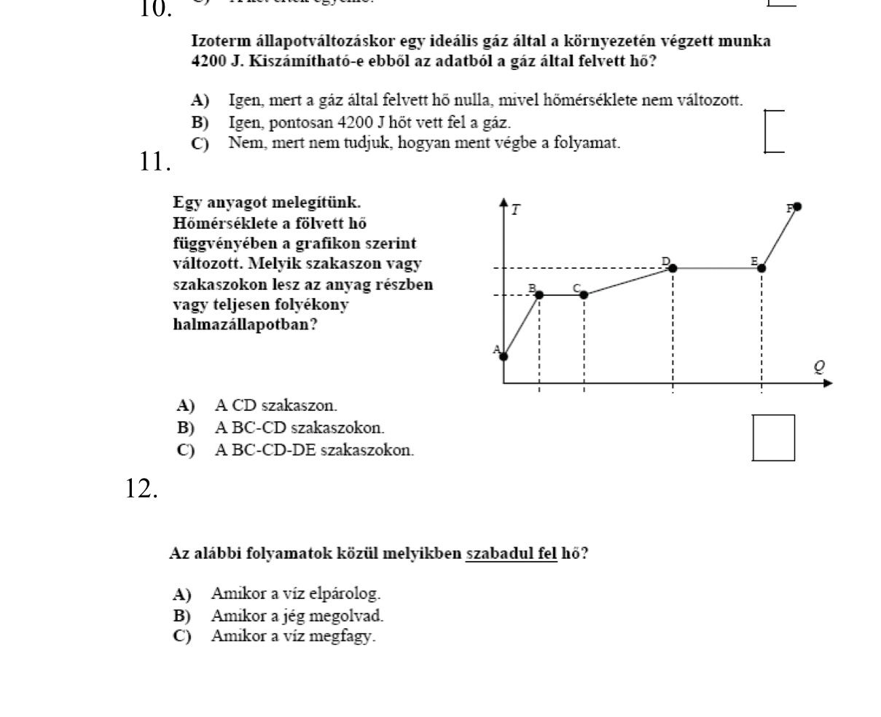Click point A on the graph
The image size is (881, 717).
[504, 356]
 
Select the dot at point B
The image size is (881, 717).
[539, 294]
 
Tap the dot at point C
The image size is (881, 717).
[584, 294]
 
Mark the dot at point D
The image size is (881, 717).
[673, 268]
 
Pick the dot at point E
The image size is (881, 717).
[761, 268]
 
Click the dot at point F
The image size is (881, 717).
[797, 207]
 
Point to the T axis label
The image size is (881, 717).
[516, 211]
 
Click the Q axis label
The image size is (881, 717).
[820, 367]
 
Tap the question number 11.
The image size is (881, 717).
[154, 162]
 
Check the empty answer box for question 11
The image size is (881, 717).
[773, 438]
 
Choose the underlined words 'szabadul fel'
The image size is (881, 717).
[511, 554]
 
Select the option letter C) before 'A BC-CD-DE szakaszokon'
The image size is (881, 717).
[186, 450]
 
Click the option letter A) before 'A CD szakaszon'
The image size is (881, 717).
[186, 404]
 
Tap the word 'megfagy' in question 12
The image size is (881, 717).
[353, 636]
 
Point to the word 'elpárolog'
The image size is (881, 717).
[352, 594]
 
